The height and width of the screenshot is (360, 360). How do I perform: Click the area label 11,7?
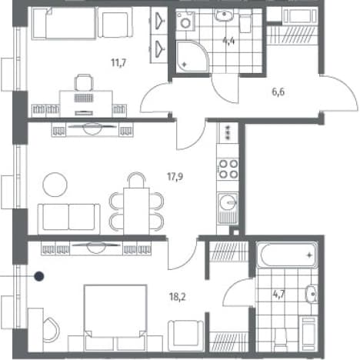118,62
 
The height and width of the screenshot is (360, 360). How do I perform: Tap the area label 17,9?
175,176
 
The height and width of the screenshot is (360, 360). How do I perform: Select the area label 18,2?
178,297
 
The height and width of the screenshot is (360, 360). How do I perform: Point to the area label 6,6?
278,92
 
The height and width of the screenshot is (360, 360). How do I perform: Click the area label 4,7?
279,295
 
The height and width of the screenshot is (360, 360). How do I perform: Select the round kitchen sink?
228,202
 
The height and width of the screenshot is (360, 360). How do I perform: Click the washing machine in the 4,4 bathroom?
185,22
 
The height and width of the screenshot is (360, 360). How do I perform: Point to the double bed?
115,318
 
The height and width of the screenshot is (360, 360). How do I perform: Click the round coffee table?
55,185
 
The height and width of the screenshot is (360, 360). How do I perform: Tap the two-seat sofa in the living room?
68,219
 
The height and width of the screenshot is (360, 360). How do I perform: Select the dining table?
136,211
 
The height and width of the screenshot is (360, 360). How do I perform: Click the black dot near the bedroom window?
39,276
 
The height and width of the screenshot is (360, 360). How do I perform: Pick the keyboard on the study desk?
84,98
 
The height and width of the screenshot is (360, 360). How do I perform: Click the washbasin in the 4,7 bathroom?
311,293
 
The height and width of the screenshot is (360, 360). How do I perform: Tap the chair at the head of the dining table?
136,180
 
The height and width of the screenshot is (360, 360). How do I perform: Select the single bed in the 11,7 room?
65,23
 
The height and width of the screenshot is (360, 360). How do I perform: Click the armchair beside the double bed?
186,335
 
